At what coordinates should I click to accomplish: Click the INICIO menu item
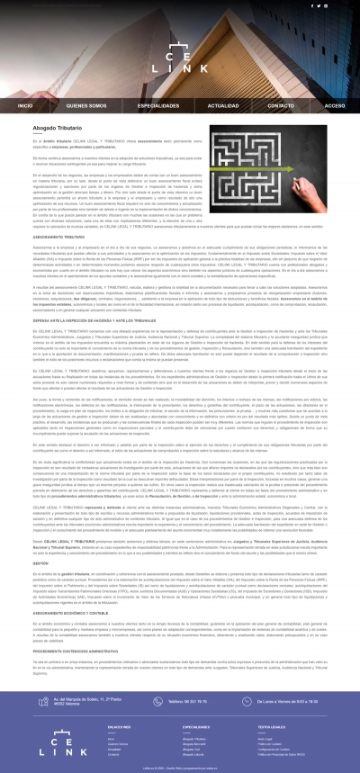pyautogui.click(x=25, y=105)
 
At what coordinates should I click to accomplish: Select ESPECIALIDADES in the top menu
pyautogui.click(x=149, y=105)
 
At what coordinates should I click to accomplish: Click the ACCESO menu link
pyautogui.click(x=334, y=105)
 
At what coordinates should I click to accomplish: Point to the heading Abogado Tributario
pyautogui.click(x=58, y=130)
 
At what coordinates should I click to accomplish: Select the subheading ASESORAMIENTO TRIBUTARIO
pyautogui.click(x=59, y=238)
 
